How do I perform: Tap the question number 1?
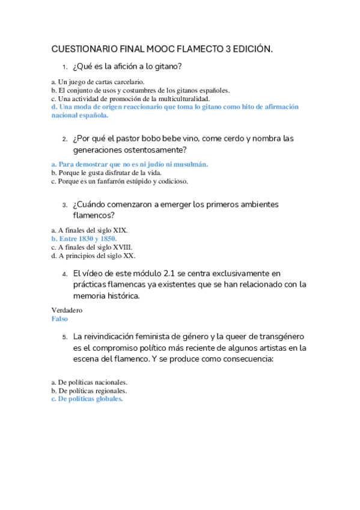click(x=64, y=67)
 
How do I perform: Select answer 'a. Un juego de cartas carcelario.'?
click(x=97, y=82)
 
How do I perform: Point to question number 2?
click(x=64, y=139)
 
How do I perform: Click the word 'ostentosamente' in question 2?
click(x=154, y=150)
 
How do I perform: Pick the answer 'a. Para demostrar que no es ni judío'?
click(x=130, y=164)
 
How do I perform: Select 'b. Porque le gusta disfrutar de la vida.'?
click(x=106, y=173)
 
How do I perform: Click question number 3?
click(x=64, y=205)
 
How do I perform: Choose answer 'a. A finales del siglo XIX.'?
click(x=89, y=230)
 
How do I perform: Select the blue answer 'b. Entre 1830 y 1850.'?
click(x=84, y=239)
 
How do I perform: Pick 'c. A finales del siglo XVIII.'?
click(x=92, y=247)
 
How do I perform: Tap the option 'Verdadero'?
click(x=67, y=310)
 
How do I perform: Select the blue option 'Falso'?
click(x=59, y=319)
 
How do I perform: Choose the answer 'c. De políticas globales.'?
click(x=87, y=399)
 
